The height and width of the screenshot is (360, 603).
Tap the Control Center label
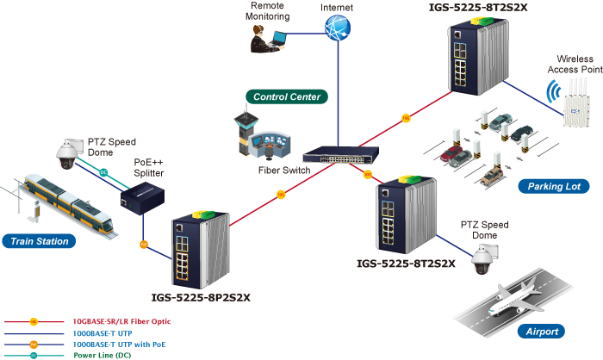point(287,97)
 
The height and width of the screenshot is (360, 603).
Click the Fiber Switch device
point(338,157)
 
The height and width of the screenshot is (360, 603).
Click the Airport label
point(542,331)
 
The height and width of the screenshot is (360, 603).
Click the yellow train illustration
point(65,203)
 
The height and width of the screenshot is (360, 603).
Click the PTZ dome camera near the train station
point(65,153)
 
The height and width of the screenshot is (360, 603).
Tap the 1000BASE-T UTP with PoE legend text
point(115,344)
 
